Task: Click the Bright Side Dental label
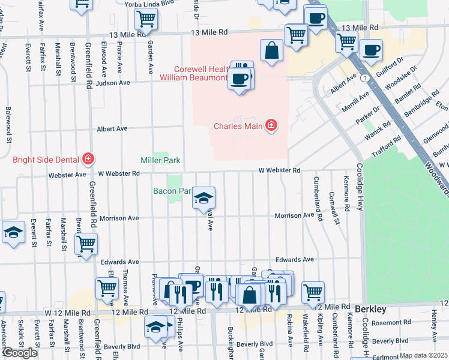tap(47, 159)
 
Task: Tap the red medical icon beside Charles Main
tap(271, 125)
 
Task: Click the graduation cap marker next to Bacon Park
tap(203, 198)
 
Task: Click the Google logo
tap(20, 353)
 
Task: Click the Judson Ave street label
tap(112, 83)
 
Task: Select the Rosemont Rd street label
tap(391, 322)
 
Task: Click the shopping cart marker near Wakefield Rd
tap(313, 292)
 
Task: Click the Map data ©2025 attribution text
tap(423, 356)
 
